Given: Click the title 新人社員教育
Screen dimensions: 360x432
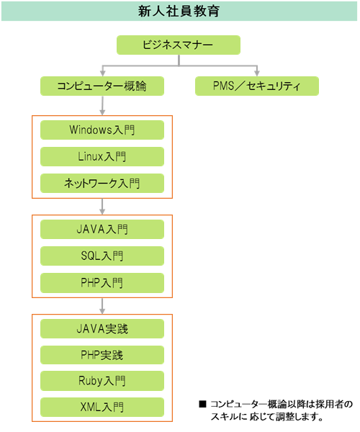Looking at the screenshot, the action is click(179, 12).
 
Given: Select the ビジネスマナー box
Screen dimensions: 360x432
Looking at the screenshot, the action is click(179, 45).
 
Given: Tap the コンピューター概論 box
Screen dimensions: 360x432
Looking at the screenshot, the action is click(102, 86).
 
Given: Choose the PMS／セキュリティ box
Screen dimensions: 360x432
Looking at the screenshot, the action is click(257, 86).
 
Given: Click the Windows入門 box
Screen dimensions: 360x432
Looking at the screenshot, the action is click(102, 130).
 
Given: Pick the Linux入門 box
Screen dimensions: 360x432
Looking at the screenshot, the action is click(102, 156).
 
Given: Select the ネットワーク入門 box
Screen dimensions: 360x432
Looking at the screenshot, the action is click(102, 183).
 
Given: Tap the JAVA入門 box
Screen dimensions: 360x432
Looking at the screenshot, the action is click(102, 229).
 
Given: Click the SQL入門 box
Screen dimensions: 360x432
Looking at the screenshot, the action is click(102, 256).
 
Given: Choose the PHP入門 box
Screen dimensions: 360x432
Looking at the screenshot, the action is click(102, 283).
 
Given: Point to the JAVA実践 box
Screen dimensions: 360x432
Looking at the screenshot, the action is click(102, 329).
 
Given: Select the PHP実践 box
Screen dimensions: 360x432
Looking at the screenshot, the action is click(102, 355).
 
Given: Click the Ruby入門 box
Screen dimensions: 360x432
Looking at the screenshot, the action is click(102, 381).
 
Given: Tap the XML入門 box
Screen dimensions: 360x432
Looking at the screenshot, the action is click(102, 408).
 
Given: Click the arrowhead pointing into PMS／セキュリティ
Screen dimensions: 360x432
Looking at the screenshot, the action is click(257, 73).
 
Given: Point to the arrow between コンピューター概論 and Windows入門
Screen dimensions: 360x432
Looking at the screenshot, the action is click(102, 106).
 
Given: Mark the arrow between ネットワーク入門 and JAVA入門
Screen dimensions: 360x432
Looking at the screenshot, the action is click(102, 207).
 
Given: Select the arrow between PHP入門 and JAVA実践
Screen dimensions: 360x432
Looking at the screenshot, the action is click(102, 306).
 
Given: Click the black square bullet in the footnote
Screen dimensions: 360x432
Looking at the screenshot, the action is click(203, 404).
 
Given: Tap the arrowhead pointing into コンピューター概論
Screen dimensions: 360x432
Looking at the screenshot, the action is click(103, 73).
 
